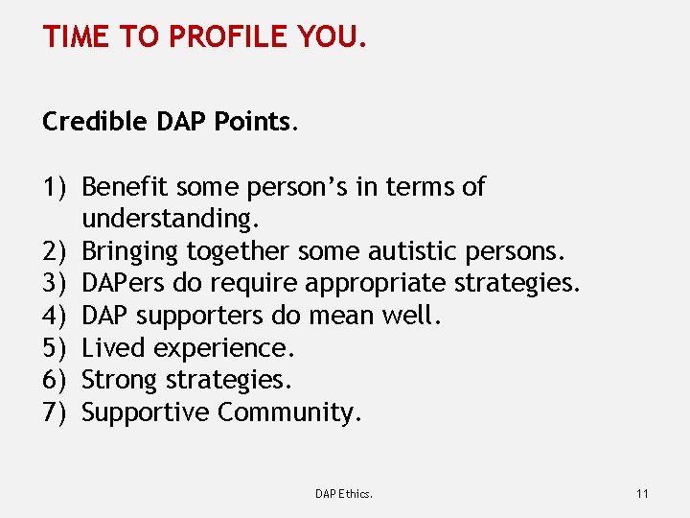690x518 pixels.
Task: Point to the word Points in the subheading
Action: click(258, 122)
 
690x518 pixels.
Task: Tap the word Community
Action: click(289, 412)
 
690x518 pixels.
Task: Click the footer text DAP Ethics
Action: click(344, 494)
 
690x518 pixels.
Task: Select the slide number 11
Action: click(642, 494)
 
